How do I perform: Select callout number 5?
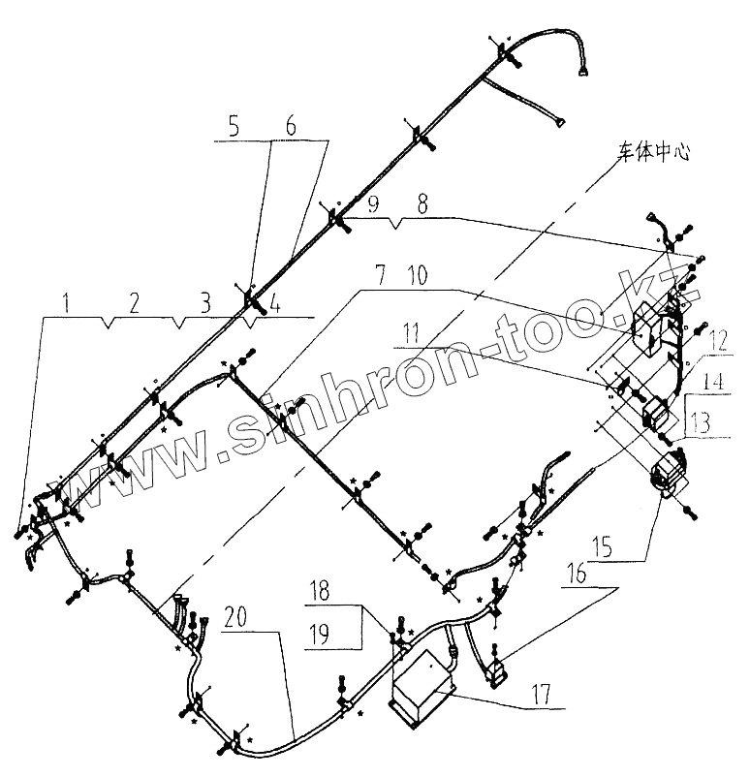(x=233, y=126)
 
